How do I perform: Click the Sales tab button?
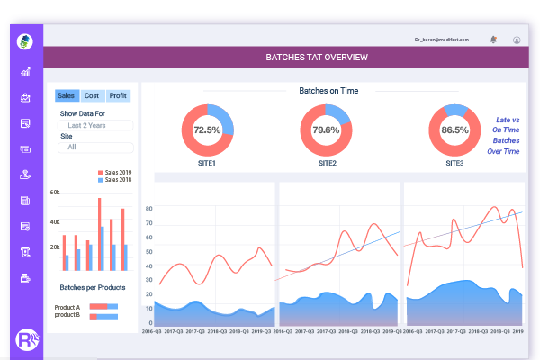[67, 95]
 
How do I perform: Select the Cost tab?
[92, 95]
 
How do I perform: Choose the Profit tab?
[118, 95]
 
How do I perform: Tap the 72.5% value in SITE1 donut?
[207, 130]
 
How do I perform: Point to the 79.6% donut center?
[326, 130]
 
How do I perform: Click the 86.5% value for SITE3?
[454, 130]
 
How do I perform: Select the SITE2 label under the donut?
[326, 163]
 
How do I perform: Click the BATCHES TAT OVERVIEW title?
[316, 58]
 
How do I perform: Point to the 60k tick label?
[55, 193]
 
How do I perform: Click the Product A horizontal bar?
[103, 307]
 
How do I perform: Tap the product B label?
[68, 315]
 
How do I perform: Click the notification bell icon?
[493, 40]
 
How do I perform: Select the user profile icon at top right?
[517, 40]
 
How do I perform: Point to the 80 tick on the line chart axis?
[148, 209]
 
